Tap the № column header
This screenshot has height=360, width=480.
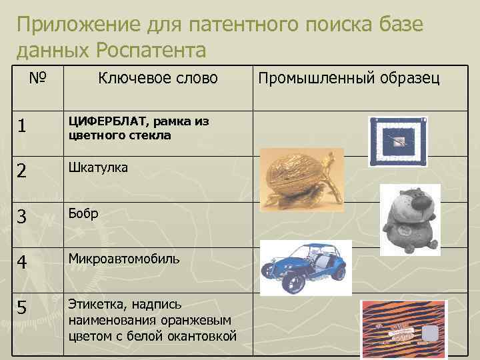[37, 78]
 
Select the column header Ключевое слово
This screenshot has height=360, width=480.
[158, 78]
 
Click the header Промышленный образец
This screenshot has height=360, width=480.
[349, 78]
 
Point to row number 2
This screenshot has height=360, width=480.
[23, 171]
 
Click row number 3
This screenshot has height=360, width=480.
[23, 215]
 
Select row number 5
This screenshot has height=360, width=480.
[23, 309]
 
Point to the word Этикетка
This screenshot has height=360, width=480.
[97, 304]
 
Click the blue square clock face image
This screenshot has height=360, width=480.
[397, 141]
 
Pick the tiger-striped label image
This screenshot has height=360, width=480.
[403, 329]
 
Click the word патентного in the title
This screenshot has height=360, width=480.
[239, 25]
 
